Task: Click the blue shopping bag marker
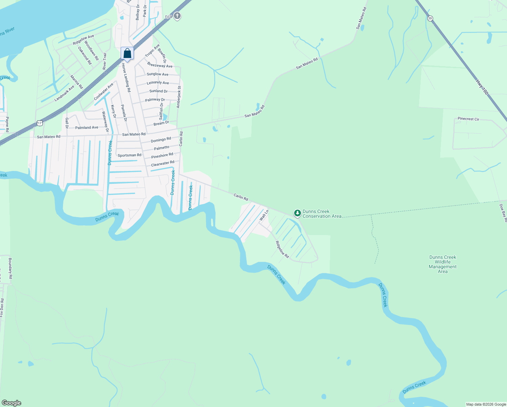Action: click(127, 54)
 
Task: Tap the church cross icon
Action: click(177, 16)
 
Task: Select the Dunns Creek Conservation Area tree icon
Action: click(297, 213)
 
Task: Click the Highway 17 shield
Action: click(40, 123)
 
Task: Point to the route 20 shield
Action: click(430, 18)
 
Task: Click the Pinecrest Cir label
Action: click(468, 119)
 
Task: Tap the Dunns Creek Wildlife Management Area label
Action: click(443, 264)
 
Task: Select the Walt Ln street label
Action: click(264, 215)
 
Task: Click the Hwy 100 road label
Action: click(482, 87)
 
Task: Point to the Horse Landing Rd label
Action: click(126, 78)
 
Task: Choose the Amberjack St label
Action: click(179, 97)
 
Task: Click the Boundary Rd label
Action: click(11, 268)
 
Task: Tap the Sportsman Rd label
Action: click(129, 155)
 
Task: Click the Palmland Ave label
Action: click(87, 128)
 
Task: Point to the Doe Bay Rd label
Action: click(503, 213)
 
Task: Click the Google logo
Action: click(12, 403)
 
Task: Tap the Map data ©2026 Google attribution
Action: click(486, 404)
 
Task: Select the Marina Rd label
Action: click(77, 82)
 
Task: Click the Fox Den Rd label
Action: click(2, 308)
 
